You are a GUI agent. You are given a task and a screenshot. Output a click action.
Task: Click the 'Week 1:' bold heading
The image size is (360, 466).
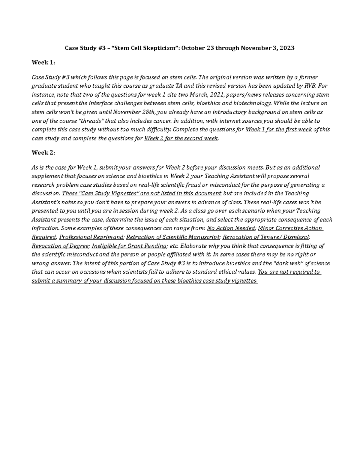coord(43,63)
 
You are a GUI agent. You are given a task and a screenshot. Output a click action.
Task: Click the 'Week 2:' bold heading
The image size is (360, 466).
coord(43,153)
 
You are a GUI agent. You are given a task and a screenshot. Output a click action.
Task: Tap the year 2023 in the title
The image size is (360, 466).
coord(287,48)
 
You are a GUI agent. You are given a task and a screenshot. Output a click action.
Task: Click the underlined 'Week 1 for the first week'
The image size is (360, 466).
coord(279,130)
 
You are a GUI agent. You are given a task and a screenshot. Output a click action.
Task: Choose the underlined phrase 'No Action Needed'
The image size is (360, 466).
coord(231,228)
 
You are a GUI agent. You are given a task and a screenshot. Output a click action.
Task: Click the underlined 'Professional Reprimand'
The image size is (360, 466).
coord(91,237)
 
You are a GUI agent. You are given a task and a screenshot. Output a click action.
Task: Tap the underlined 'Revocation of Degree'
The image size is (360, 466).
coord(60,246)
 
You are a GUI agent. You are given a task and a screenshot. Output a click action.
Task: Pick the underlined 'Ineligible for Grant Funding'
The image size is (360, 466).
coord(129,246)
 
